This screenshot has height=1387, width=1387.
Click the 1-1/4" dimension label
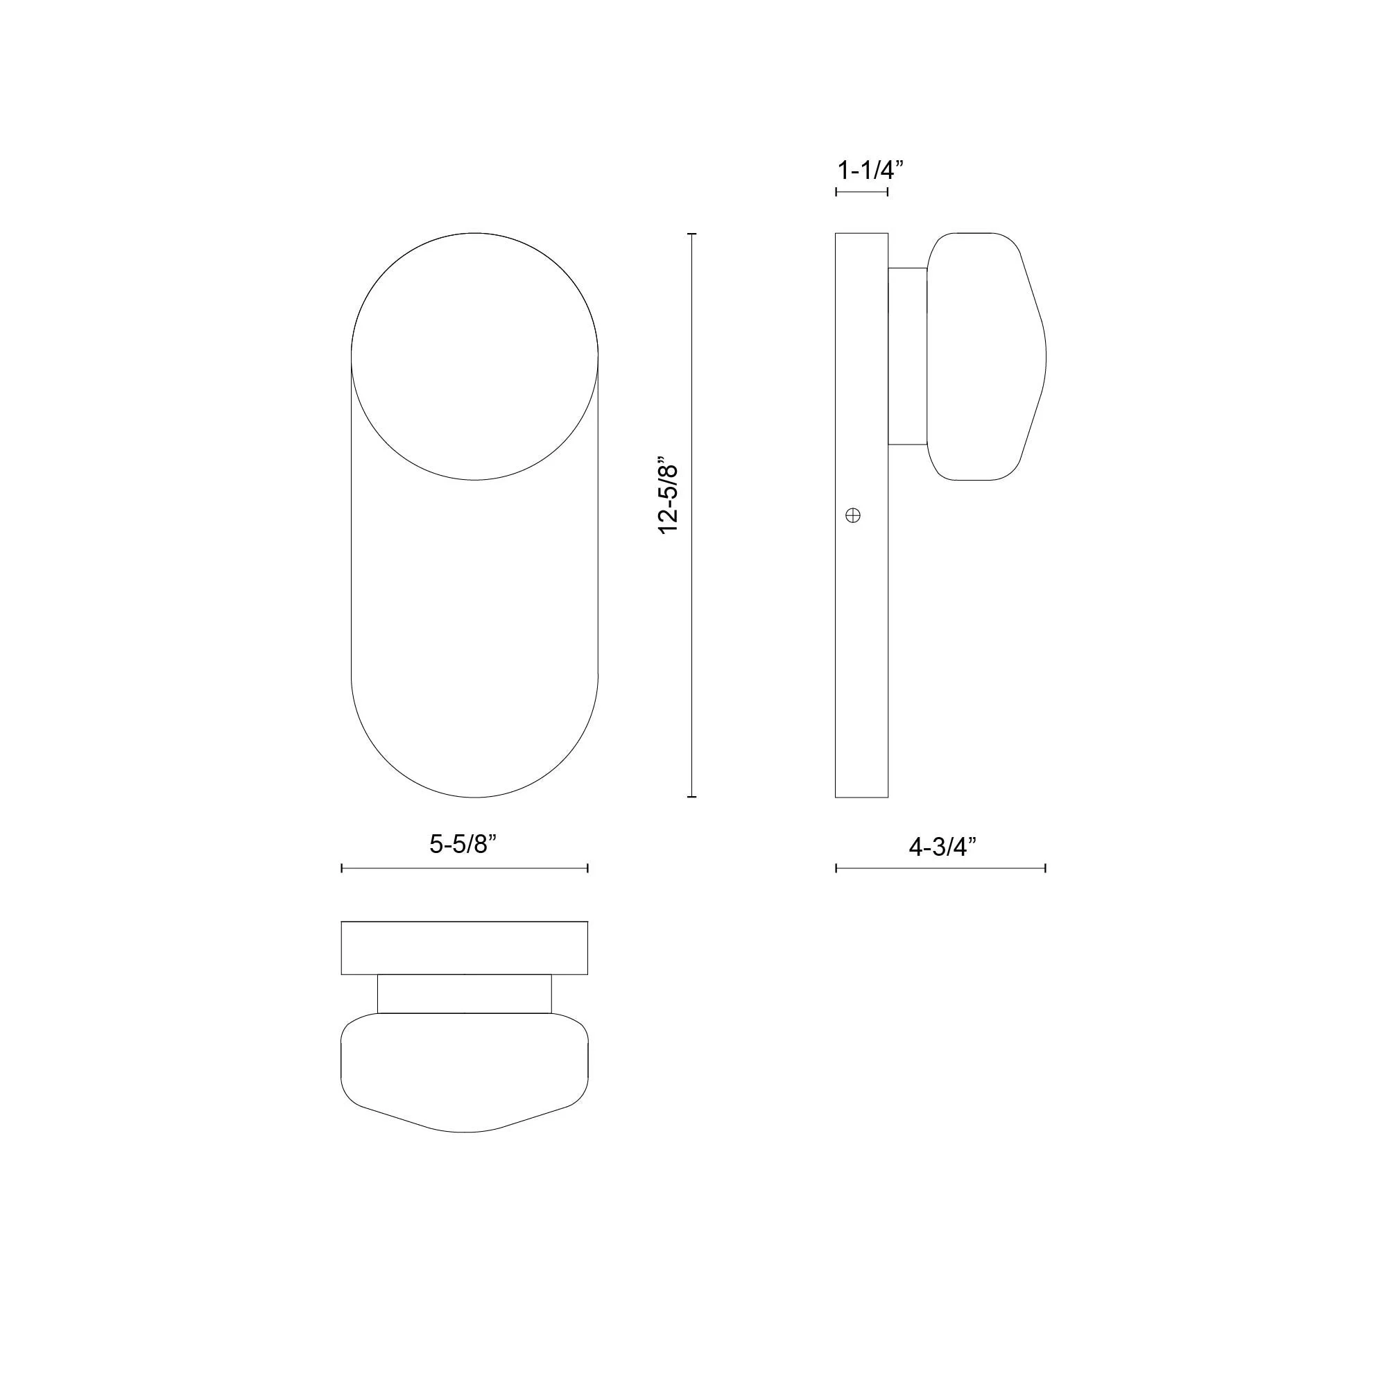coord(870,170)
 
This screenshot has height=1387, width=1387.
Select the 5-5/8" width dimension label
coord(463,844)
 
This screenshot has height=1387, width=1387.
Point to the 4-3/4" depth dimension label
coord(942,847)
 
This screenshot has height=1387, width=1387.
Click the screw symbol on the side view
coord(853,515)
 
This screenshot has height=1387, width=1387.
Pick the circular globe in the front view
coord(474,356)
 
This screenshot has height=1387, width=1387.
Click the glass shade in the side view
coord(985,356)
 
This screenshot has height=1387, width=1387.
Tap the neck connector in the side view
coord(907,356)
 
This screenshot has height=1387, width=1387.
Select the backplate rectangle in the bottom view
coord(464,947)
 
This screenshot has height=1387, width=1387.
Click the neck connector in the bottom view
coord(464,994)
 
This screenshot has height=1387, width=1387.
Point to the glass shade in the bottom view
coord(464,1069)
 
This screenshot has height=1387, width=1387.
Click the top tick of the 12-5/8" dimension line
coord(691,234)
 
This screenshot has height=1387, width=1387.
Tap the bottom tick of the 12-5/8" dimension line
coord(691,797)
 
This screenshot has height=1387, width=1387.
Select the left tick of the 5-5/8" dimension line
coord(342,869)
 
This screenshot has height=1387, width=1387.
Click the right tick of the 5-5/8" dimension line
coord(587,869)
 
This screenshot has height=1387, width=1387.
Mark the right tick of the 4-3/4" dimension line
coord(1045,869)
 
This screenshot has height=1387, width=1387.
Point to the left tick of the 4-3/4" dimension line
coord(836,869)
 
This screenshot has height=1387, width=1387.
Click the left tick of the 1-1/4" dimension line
coord(836,191)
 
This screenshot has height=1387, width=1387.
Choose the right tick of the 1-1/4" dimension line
coord(888,191)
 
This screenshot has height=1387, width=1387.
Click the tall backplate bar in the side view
coord(861,646)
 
